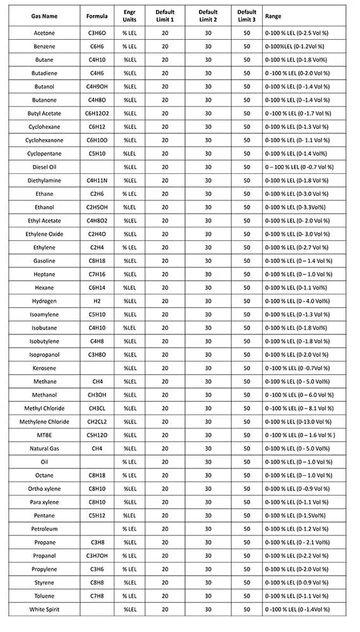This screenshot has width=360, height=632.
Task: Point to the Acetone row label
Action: (x=44, y=33)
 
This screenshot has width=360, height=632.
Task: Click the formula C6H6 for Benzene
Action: (x=97, y=46)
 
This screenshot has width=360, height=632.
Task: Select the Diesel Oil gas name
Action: (x=44, y=167)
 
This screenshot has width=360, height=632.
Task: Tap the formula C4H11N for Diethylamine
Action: (x=97, y=180)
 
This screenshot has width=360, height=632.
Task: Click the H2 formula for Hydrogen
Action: (x=97, y=301)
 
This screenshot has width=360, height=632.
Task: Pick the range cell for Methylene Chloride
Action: (x=297, y=422)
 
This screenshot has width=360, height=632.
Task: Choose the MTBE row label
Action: (x=44, y=435)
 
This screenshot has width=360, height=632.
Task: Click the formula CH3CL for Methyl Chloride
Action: (x=97, y=408)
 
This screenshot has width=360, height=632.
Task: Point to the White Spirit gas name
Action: (x=44, y=609)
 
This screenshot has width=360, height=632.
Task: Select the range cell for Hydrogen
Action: (x=297, y=301)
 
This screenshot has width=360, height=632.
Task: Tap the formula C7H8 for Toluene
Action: (x=97, y=596)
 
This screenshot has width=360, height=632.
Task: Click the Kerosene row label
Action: (x=44, y=368)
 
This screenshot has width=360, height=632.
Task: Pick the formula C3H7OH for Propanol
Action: (x=97, y=556)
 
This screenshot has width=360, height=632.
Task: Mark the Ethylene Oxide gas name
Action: (x=44, y=234)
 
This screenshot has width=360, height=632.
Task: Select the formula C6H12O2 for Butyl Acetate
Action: (x=97, y=113)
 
